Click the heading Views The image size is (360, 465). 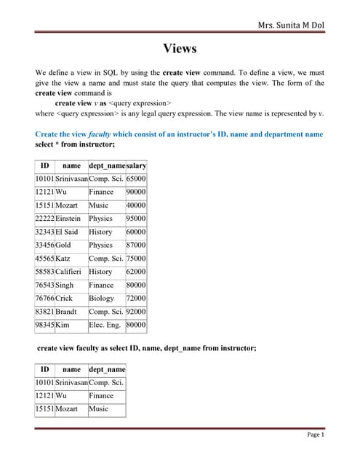(180, 49)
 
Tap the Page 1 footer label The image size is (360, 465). (315, 434)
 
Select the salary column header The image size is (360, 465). (136, 166)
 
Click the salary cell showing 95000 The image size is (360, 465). (136, 219)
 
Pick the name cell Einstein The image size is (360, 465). (68, 219)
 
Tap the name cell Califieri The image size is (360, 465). (71, 272)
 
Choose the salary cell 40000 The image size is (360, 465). (136, 206)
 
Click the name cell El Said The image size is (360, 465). (67, 232)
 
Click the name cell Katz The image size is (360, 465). (63, 259)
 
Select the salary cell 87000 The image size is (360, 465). (136, 246)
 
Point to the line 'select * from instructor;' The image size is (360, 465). (75, 145)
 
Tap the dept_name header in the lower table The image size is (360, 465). (106, 370)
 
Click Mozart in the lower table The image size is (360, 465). (66, 409)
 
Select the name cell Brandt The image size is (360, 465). (66, 312)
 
